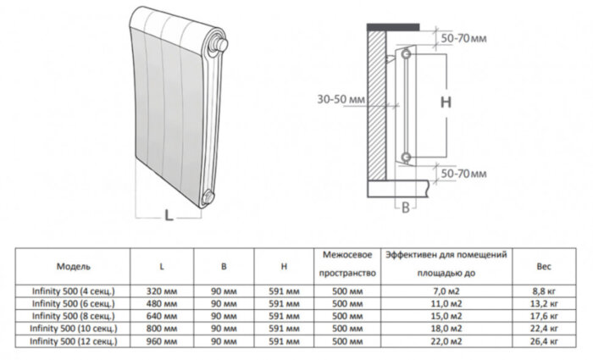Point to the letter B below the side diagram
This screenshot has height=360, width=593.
click(x=406, y=207)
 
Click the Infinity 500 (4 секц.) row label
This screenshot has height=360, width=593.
click(x=74, y=291)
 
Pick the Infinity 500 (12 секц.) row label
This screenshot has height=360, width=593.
click(x=74, y=341)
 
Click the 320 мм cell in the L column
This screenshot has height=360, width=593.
click(x=162, y=291)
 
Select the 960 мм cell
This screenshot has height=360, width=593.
click(x=162, y=341)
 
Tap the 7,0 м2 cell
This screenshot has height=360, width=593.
click(x=446, y=291)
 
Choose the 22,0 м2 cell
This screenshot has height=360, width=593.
click(x=446, y=341)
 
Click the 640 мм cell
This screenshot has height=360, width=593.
click(x=162, y=316)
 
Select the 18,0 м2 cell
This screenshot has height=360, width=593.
click(x=446, y=329)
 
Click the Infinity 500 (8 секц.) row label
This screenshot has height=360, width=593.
click(x=74, y=316)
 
